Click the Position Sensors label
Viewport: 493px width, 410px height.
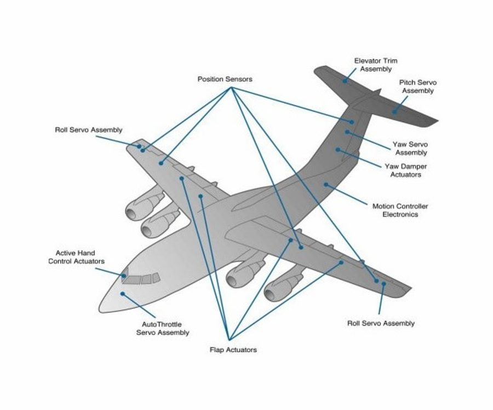225,79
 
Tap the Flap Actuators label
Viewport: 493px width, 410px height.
233,349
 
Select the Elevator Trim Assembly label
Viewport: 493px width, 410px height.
376,65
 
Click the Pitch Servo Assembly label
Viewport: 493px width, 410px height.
418,86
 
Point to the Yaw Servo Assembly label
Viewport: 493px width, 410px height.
411,148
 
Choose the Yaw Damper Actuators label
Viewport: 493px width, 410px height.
408,170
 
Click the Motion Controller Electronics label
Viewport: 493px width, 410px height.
400,210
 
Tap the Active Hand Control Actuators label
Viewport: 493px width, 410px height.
76,257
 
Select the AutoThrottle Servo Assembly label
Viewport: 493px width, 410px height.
163,328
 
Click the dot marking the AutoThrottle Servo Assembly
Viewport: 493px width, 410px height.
123,294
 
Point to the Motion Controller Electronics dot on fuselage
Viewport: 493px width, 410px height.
326,185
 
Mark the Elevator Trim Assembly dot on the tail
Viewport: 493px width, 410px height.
345,80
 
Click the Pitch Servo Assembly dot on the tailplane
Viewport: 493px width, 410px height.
393,111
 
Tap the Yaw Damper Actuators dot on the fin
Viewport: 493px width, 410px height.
338,149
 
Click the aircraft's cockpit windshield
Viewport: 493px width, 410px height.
141,279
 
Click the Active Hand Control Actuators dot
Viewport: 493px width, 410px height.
124,276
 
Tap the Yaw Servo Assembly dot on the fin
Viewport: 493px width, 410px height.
347,132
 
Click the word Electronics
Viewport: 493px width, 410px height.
400,215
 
